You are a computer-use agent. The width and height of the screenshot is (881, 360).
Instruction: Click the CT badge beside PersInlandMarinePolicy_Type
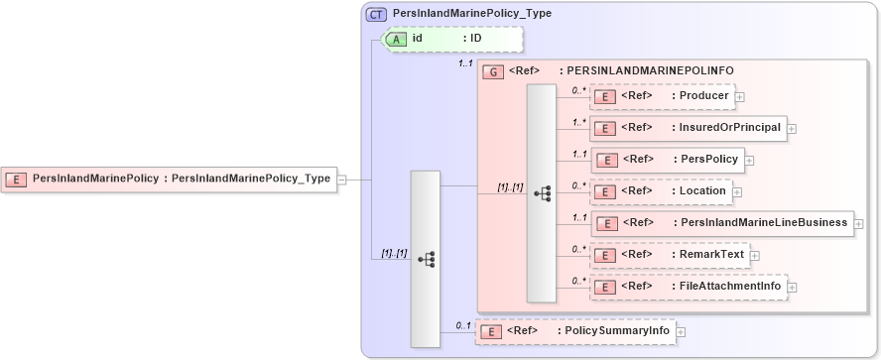click(377, 14)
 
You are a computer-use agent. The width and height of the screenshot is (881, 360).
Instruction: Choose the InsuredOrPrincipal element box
click(689, 127)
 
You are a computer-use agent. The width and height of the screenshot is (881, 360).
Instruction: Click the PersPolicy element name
click(708, 159)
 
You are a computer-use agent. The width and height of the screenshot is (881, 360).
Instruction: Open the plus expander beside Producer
click(740, 97)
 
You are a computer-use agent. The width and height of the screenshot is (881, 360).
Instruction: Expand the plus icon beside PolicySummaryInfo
click(682, 332)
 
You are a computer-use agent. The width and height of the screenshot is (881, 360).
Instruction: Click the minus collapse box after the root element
click(341, 180)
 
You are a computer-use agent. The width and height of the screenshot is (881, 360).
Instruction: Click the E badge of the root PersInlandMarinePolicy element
click(17, 179)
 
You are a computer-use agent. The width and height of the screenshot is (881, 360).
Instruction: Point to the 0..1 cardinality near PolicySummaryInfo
click(462, 324)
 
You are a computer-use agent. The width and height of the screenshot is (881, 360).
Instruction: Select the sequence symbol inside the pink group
click(542, 193)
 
